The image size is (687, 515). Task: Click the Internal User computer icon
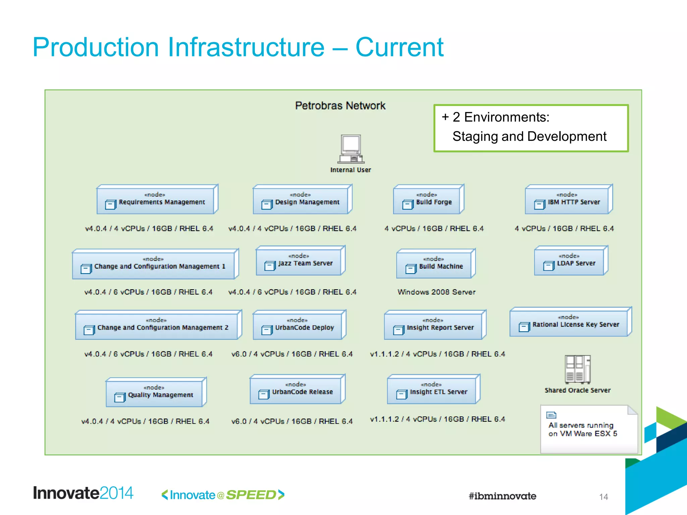(351, 149)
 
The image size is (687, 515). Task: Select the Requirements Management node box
(157, 200)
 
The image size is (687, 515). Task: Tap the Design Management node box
(302, 200)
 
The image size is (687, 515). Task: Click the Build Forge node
(428, 200)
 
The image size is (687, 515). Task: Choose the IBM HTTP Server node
(568, 200)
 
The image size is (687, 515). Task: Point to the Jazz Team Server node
(300, 261)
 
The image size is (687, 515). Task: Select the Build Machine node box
(435, 264)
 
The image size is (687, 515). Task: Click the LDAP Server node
(570, 261)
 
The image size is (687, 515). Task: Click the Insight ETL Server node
(433, 390)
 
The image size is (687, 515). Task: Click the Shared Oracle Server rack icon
(577, 369)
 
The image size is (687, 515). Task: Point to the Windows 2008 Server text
(436, 292)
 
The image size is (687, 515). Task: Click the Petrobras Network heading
(340, 106)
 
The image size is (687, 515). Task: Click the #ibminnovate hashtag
(502, 496)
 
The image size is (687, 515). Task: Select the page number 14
(603, 497)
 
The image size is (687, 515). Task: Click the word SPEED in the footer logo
(251, 495)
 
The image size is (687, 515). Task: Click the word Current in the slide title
(399, 47)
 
